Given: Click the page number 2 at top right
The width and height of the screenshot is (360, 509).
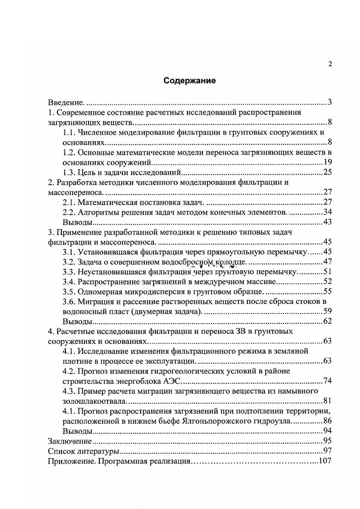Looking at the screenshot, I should pos(330,64).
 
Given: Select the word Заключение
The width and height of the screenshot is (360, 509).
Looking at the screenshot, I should pos(68,440).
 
